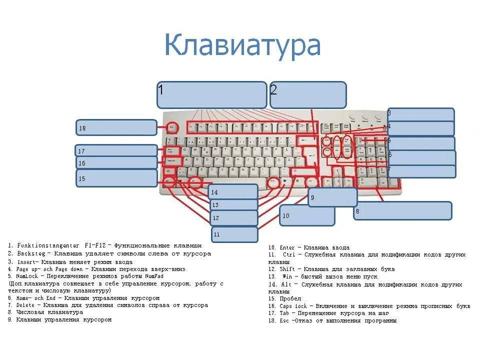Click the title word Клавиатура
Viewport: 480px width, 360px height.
click(x=242, y=45)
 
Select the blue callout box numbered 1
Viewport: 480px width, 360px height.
click(x=211, y=95)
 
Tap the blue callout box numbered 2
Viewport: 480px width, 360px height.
click(x=308, y=95)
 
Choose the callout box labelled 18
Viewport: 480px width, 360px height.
click(x=116, y=127)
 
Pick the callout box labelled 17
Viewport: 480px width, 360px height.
click(x=116, y=150)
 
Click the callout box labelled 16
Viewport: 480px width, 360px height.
click(x=116, y=162)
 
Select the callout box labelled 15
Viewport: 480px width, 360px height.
click(x=116, y=178)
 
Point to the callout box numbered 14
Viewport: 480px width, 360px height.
click(x=233, y=191)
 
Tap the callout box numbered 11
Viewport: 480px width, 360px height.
click(x=234, y=234)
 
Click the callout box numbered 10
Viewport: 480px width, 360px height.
click(x=307, y=215)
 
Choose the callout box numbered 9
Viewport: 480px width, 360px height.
click(x=332, y=197)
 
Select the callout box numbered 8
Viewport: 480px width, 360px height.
click(x=402, y=210)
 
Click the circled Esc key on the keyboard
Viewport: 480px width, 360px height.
click(x=172, y=127)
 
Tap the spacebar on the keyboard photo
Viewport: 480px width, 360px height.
click(x=230, y=182)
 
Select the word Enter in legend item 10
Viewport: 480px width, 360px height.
click(x=287, y=247)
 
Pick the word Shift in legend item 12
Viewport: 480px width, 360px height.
click(x=288, y=269)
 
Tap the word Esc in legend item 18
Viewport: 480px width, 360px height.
click(x=283, y=320)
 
